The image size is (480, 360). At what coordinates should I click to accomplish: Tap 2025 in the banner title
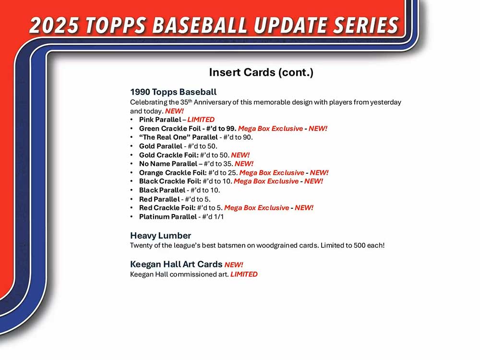tap(54, 25)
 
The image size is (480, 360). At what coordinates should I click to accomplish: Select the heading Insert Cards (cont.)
tap(261, 72)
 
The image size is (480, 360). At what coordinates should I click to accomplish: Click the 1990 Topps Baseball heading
tap(173, 92)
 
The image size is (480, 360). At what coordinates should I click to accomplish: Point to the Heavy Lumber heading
tap(160, 235)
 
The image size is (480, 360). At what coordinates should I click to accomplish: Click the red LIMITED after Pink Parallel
tap(201, 120)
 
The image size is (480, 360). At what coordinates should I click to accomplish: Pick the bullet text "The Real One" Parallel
tap(179, 137)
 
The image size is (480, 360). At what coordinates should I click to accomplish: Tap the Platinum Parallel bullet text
tap(168, 217)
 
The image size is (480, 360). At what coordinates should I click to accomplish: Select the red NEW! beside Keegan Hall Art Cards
tap(234, 265)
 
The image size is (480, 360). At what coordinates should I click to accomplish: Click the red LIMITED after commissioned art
tap(244, 274)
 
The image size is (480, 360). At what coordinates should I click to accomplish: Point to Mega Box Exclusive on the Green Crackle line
tap(270, 129)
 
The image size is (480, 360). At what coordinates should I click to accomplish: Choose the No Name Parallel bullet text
tap(168, 164)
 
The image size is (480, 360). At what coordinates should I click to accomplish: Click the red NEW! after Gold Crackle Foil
tap(240, 155)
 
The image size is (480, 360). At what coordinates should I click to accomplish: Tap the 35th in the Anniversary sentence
tap(186, 102)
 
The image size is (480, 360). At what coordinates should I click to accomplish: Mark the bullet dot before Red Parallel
tap(132, 199)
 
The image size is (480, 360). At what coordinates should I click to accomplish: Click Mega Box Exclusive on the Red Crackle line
tap(256, 208)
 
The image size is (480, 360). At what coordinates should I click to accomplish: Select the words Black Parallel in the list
tap(162, 190)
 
